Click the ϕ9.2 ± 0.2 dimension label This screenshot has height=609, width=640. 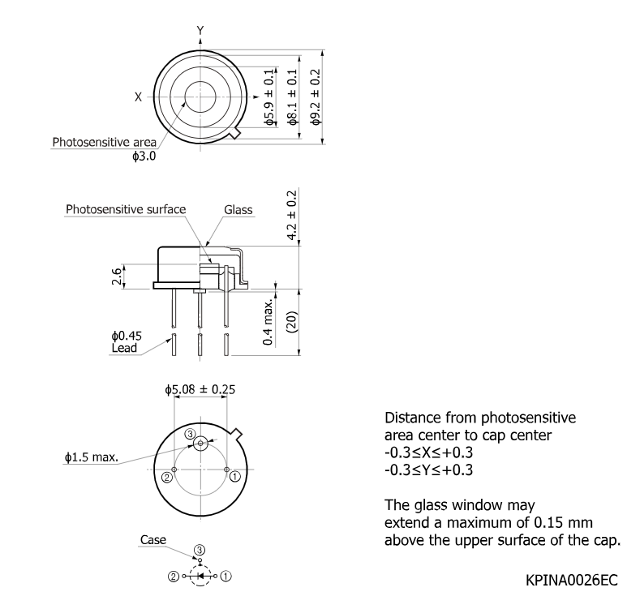[316, 96]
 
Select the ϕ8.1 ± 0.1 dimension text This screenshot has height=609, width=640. [292, 96]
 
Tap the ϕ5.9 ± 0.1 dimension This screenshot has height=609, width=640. [269, 96]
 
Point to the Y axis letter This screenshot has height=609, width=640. [200, 30]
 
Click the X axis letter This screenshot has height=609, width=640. [139, 97]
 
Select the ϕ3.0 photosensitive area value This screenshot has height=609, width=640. [144, 156]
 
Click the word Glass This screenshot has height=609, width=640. [238, 210]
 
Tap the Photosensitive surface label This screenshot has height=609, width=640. [126, 209]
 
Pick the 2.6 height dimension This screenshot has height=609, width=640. [117, 277]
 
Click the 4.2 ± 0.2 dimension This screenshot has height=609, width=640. [292, 215]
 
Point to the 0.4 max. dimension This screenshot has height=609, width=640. [268, 322]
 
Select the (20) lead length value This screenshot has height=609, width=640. [293, 322]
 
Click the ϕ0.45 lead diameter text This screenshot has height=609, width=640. [127, 336]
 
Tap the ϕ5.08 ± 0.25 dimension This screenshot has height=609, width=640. [200, 390]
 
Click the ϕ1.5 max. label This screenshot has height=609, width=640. [92, 457]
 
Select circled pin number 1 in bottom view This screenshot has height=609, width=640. [235, 476]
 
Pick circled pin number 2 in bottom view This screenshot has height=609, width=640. [167, 477]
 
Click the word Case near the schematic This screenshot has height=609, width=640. [153, 540]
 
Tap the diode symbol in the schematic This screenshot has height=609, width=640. [200, 576]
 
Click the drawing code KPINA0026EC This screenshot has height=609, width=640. [572, 580]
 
